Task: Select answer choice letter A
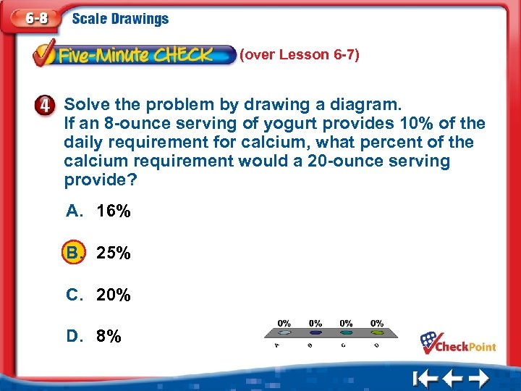pyautogui.click(x=75, y=211)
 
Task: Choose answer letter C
pyautogui.click(x=75, y=295)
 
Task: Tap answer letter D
pyautogui.click(x=75, y=337)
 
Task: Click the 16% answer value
pyautogui.click(x=114, y=211)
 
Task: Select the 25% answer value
pyautogui.click(x=114, y=253)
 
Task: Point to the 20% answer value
pyautogui.click(x=114, y=295)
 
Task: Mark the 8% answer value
pyautogui.click(x=109, y=337)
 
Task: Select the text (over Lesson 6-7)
pyautogui.click(x=300, y=55)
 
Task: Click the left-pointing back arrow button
pyautogui.click(x=453, y=378)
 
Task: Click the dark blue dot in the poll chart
pyautogui.click(x=315, y=333)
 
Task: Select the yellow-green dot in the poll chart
pyautogui.click(x=377, y=333)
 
